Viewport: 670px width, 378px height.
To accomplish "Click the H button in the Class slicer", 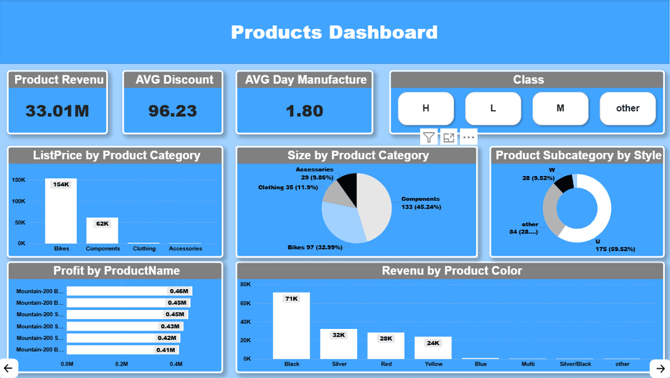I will [426, 109].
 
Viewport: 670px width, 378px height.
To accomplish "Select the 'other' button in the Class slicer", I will [627, 109].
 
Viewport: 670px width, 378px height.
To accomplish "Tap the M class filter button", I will [560, 109].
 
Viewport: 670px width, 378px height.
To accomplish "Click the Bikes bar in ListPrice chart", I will [61, 211].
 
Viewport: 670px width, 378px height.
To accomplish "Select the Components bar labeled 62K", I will [102, 230].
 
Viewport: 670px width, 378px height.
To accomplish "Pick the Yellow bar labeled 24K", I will [433, 348].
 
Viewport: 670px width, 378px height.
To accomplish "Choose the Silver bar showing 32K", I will [338, 344].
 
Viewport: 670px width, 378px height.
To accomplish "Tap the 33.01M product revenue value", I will [57, 111].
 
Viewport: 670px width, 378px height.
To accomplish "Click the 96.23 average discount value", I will [173, 111].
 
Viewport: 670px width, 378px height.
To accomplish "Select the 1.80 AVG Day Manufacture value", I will [304, 111].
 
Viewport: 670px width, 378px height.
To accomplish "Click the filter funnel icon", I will [429, 137].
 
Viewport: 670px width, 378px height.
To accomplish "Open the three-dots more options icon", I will [468, 137].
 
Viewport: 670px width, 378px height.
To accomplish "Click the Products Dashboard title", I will [334, 32].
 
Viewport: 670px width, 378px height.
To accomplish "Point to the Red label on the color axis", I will [385, 364].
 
